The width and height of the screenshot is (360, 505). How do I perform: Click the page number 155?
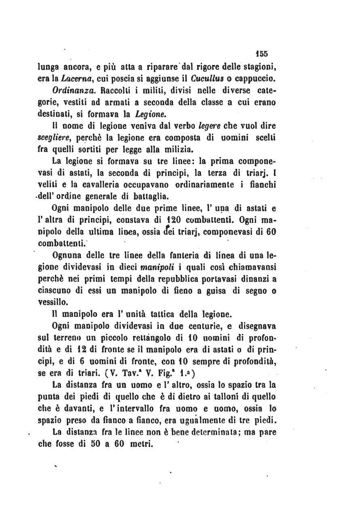(267, 54)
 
